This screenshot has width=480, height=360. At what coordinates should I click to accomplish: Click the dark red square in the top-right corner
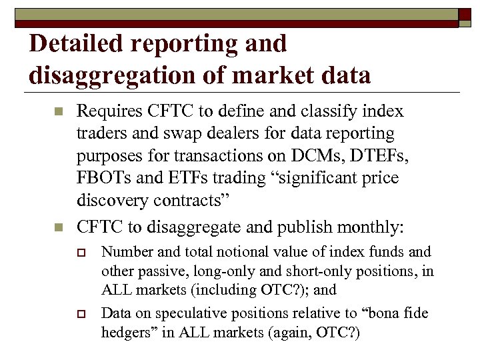click(x=464, y=15)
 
